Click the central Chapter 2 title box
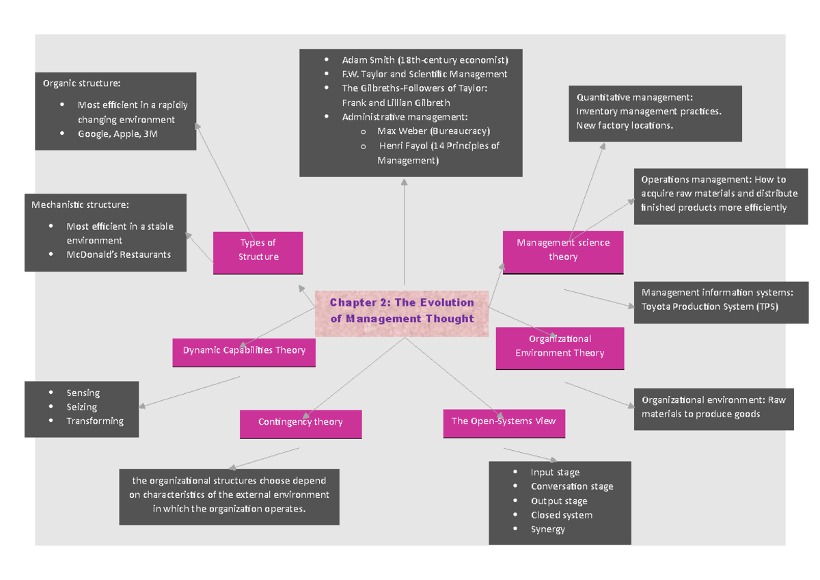[402, 311]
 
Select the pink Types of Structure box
[258, 250]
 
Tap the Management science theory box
[563, 250]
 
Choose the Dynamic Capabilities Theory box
[244, 351]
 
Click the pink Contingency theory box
[300, 423]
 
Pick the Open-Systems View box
[504, 421]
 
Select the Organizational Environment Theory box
[560, 347]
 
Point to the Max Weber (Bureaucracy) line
[433, 131]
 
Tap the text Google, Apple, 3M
[118, 134]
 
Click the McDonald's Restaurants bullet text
[118, 254]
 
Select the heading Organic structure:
[81, 83]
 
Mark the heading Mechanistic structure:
[79, 205]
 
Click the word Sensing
[83, 393]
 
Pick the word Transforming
[95, 421]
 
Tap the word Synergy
[547, 529]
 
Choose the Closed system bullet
[561, 515]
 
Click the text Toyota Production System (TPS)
[709, 306]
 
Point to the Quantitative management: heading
[635, 98]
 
